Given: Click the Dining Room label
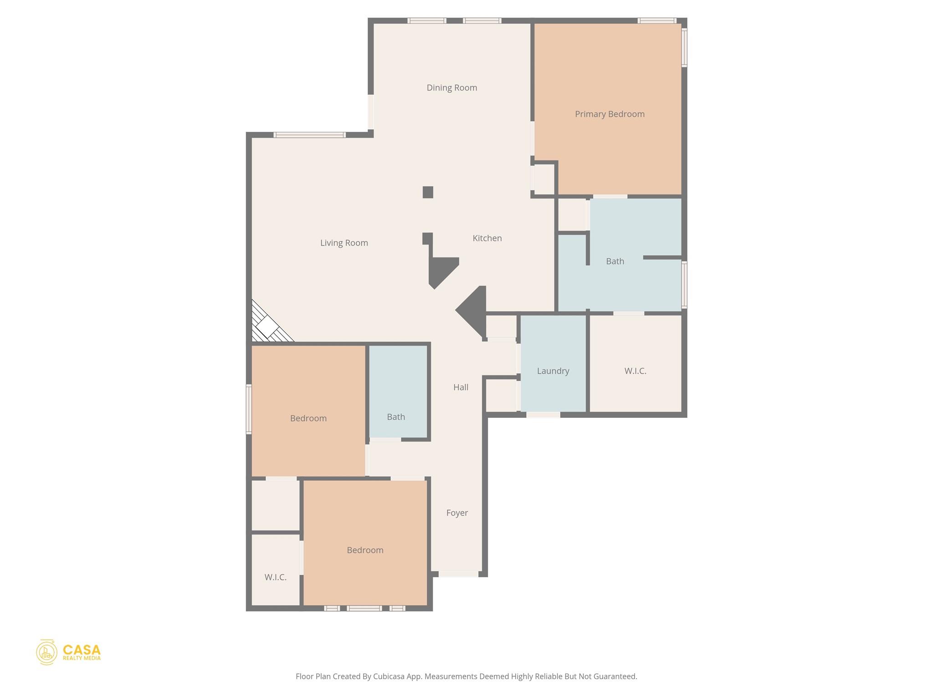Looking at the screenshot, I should tap(451, 88).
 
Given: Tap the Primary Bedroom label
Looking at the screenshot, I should tap(610, 114).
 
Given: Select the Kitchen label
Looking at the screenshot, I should tap(487, 238).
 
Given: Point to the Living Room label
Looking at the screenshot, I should tap(344, 243).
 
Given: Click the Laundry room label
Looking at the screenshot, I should tap(553, 371).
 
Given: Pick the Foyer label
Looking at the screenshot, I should tap(457, 513).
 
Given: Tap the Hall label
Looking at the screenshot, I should tap(461, 387).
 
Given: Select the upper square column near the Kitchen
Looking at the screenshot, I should tap(428, 192).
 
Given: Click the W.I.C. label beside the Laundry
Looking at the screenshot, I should tap(635, 371).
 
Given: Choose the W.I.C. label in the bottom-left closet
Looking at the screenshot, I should tap(276, 577).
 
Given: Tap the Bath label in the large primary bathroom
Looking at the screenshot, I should tap(615, 262).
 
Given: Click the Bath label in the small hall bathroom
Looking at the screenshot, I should tap(396, 417).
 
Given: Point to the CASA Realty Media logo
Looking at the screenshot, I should tap(68, 652).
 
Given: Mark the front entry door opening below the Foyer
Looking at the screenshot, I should tap(458, 574).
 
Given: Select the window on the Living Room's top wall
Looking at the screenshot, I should tap(310, 135).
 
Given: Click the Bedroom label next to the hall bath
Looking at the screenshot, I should tap(308, 418).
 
